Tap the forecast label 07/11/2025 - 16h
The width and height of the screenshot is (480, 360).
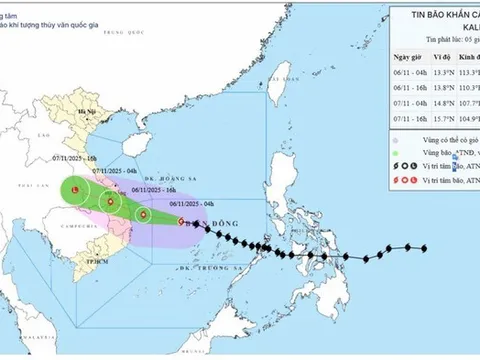76,158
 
